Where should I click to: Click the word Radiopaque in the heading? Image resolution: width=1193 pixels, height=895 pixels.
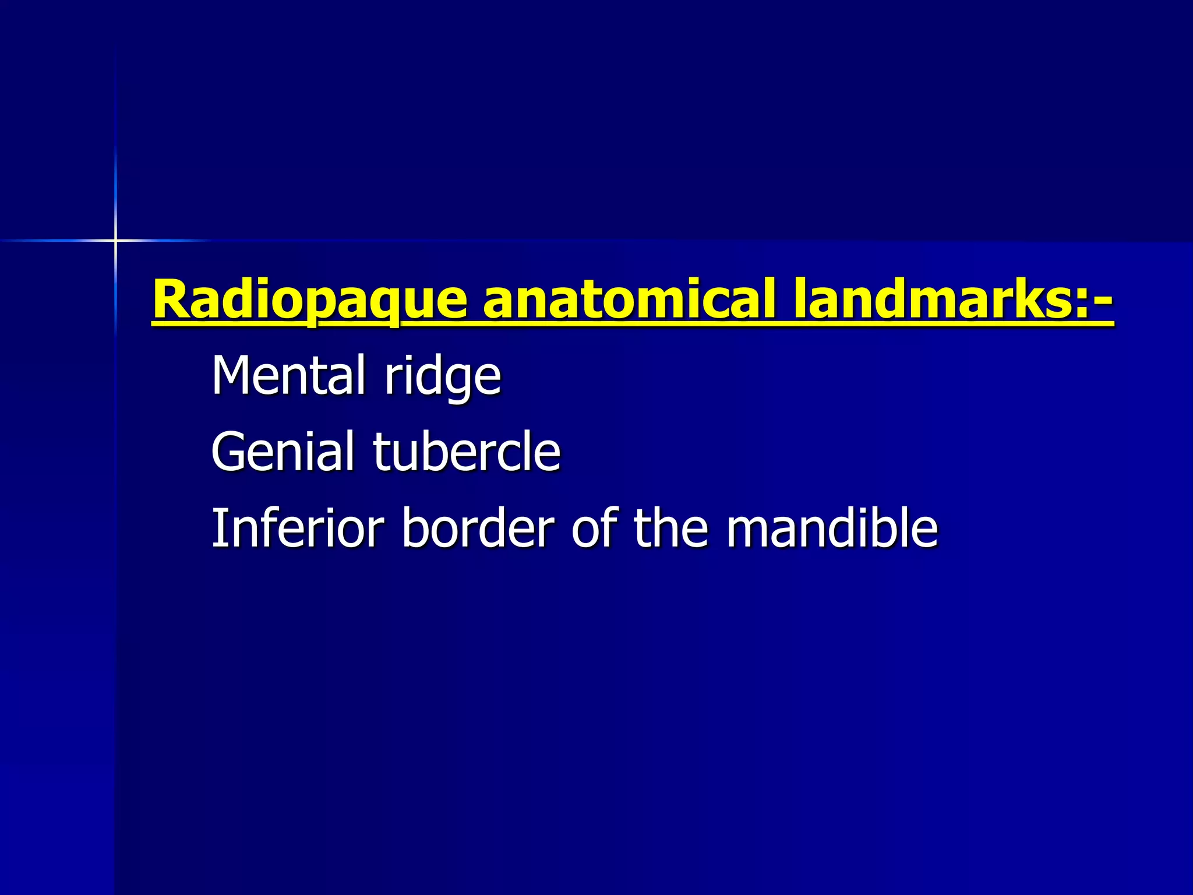[x=309, y=301]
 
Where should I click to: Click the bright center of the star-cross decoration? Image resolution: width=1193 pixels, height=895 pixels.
[x=115, y=240]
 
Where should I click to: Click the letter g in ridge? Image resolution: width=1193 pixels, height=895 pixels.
[x=461, y=382]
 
